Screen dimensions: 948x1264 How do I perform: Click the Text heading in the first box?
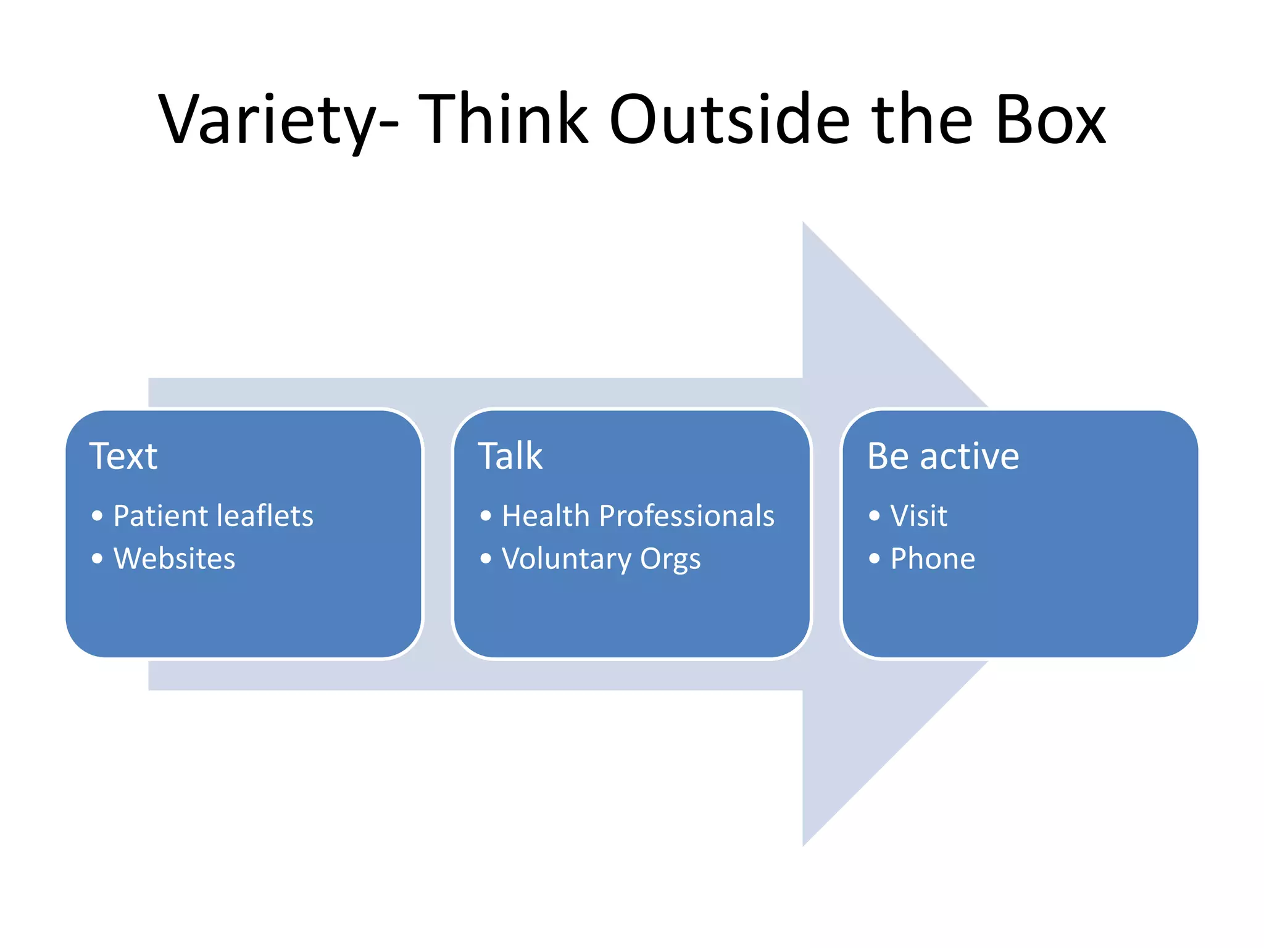(123, 456)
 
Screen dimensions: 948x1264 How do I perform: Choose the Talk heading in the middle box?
(510, 456)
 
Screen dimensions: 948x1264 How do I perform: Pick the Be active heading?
(942, 456)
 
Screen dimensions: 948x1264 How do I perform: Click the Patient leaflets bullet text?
(213, 516)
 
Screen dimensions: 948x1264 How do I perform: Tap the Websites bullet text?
(174, 559)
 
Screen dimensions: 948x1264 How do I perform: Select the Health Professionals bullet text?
(638, 516)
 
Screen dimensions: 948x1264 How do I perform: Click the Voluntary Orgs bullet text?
(601, 559)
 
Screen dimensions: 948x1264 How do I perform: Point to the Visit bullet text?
(918, 516)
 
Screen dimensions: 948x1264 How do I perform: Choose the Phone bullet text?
(933, 559)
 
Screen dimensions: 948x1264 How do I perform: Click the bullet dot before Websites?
(97, 559)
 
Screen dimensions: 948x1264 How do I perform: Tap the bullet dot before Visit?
(874, 516)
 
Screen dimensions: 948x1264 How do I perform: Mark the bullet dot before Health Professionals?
(486, 516)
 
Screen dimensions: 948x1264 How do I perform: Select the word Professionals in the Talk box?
(686, 516)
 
